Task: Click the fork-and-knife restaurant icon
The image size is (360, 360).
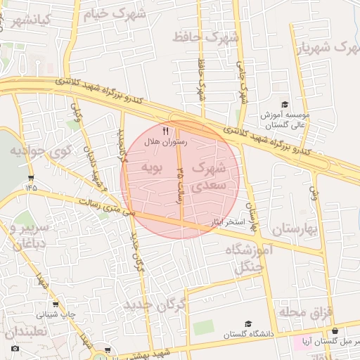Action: coord(166,131)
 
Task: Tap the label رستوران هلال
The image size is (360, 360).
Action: coord(165,142)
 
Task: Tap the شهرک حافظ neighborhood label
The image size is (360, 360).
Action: coord(205,36)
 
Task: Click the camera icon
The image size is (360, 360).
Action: coord(15,348)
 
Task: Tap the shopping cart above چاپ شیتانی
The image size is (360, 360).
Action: coord(55,305)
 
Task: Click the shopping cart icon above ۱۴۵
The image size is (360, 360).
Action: coord(30,177)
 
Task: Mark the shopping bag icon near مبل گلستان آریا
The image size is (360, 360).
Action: coord(335,331)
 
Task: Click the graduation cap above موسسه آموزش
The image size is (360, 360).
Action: coord(285,104)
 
